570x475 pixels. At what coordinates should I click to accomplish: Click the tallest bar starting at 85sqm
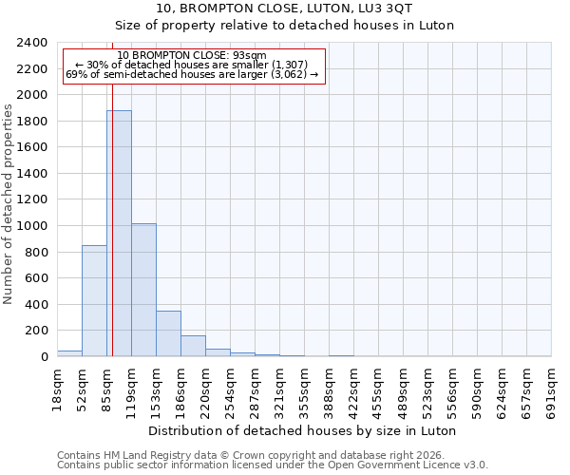click(119, 233)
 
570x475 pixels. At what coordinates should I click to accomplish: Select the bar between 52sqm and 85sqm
click(94, 300)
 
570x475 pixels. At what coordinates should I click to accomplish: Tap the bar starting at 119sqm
click(143, 290)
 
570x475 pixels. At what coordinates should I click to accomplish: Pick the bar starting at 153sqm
click(168, 333)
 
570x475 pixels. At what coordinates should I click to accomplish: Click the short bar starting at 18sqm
click(69, 353)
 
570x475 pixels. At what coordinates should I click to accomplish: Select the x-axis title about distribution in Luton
click(304, 430)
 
